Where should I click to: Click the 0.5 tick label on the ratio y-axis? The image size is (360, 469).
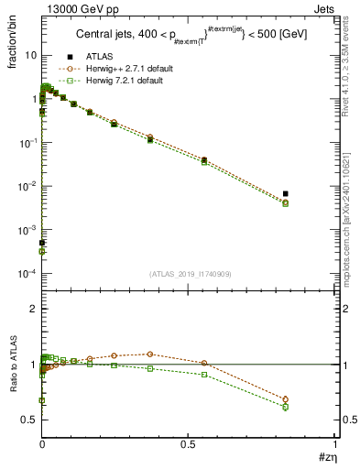coord(29,420)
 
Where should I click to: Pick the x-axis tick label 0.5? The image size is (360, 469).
coord(188,443)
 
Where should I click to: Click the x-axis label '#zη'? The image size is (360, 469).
coord(325,457)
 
